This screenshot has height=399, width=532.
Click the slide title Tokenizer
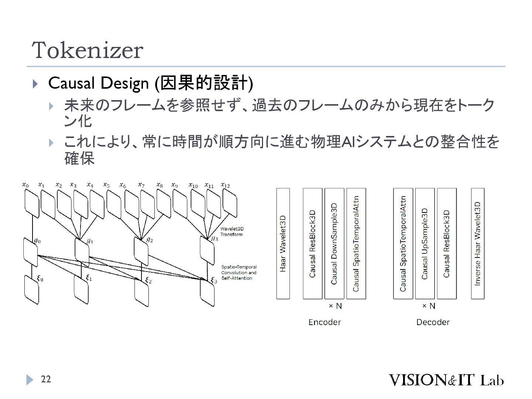(88, 51)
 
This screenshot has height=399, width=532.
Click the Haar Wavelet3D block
(283, 243)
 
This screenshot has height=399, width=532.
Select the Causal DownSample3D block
(334, 243)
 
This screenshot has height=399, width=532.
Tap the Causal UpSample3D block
(425, 243)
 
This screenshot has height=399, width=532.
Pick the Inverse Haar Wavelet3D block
(477, 243)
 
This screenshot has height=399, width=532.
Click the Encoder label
(324, 322)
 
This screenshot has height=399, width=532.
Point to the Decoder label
(433, 322)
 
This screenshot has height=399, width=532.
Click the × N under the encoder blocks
(335, 306)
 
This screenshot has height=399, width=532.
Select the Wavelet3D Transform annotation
(232, 232)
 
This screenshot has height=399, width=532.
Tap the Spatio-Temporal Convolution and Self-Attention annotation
(239, 272)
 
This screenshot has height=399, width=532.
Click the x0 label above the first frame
(25, 184)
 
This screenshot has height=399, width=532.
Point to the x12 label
(225, 185)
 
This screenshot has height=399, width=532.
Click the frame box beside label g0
(30, 252)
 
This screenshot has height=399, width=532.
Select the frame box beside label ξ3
(207, 293)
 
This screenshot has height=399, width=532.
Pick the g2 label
(150, 240)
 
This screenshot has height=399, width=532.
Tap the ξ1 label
(89, 277)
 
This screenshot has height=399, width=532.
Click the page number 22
(46, 379)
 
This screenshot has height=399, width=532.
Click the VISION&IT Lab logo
(446, 380)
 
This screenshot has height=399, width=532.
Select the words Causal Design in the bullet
(98, 83)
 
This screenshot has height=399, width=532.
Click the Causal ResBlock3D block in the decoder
(446, 243)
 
